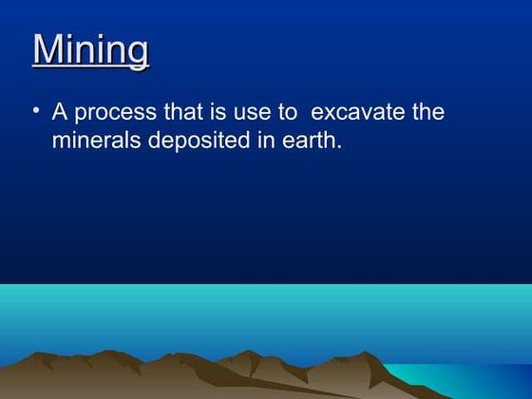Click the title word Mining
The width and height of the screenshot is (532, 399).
click(91, 49)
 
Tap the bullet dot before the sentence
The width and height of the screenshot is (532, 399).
click(36, 110)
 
